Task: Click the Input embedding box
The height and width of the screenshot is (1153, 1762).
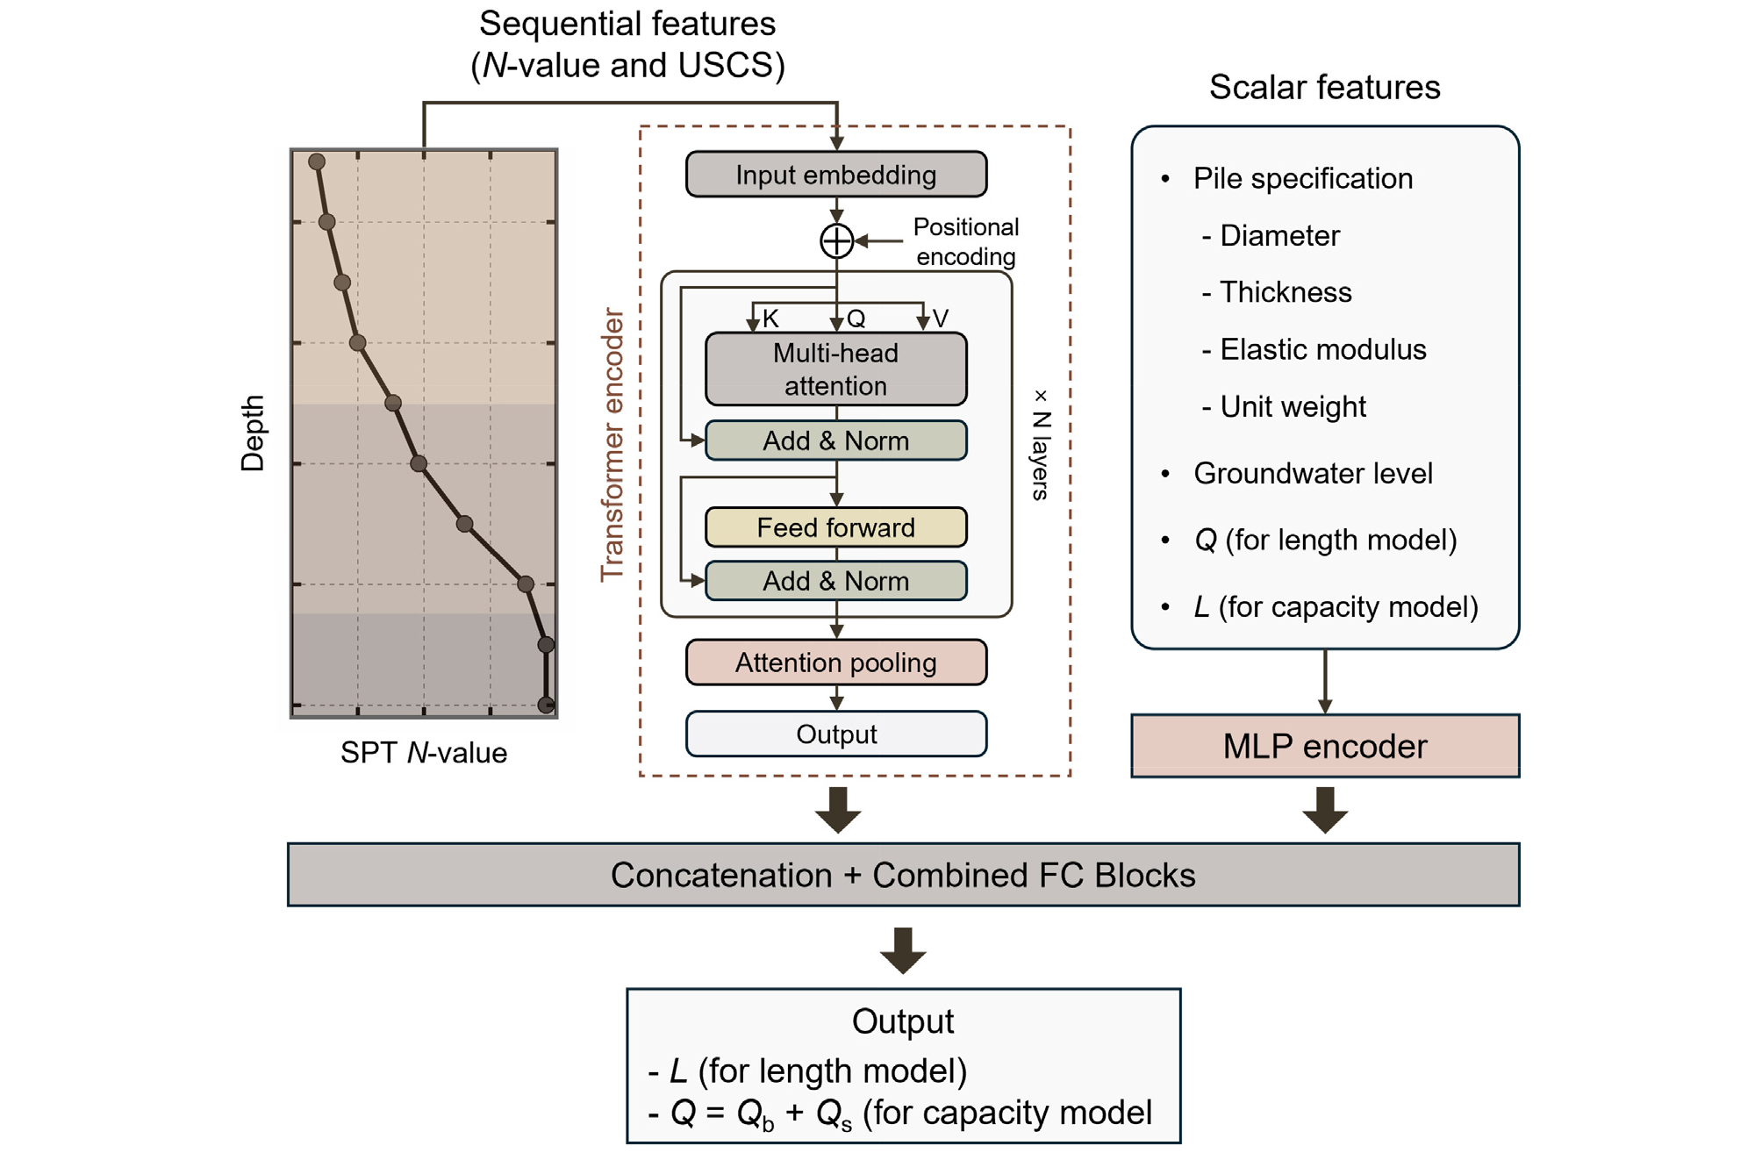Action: (x=836, y=174)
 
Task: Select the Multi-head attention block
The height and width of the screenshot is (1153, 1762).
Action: (x=836, y=369)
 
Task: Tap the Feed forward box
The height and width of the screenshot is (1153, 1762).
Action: (x=836, y=527)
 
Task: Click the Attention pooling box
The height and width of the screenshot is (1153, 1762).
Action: (x=836, y=662)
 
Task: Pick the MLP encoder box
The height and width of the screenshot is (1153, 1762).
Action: (x=1325, y=746)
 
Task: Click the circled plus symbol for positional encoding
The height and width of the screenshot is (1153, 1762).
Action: (x=836, y=240)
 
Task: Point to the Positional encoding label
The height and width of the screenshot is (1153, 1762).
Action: (x=966, y=241)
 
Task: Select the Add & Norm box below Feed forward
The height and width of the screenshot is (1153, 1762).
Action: (x=836, y=581)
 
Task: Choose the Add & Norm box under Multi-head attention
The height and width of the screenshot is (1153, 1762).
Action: (x=836, y=440)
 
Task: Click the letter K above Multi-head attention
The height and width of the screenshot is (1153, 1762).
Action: (x=770, y=318)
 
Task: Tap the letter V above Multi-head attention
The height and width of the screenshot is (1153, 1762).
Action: (x=940, y=318)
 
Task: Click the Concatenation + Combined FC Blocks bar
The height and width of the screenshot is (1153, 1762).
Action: (x=904, y=875)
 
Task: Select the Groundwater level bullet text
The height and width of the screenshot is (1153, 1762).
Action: (x=1313, y=474)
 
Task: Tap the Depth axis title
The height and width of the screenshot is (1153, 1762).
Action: (x=253, y=433)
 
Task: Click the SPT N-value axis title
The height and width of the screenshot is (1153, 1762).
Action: (x=424, y=753)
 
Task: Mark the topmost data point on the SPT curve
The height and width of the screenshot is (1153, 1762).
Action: (x=317, y=161)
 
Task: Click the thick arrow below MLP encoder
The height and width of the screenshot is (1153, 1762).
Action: (x=1325, y=810)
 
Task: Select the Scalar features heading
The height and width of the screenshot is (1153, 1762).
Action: (x=1325, y=87)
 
